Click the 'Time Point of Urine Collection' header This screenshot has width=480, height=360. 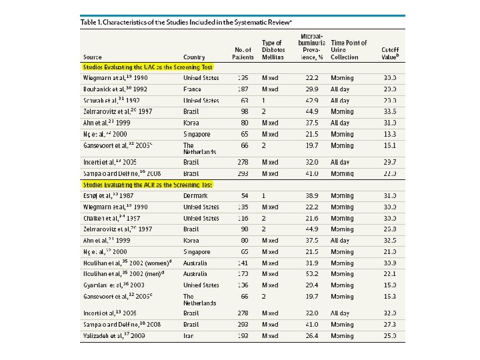(349, 50)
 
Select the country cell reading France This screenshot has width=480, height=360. (193, 89)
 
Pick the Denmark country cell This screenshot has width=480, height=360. (195, 195)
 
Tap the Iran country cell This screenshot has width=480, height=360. (189, 335)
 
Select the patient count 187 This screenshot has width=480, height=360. (243, 89)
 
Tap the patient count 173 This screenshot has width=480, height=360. (243, 273)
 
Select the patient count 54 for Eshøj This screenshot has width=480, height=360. (244, 195)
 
